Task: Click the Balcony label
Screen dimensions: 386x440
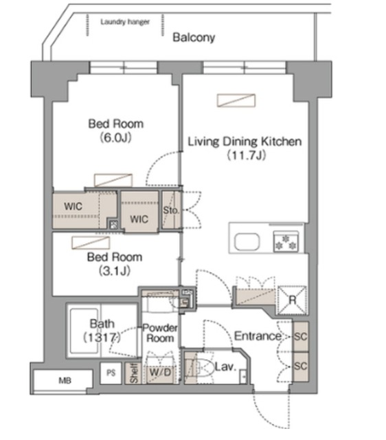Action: point(194,38)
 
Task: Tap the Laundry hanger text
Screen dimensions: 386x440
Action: point(125,22)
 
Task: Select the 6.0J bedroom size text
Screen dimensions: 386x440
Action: point(116,137)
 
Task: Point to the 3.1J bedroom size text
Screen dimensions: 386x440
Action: point(115,271)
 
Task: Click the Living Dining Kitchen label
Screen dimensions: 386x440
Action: point(245,142)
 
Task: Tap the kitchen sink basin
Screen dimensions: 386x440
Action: point(247,241)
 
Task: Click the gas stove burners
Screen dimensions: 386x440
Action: point(286,241)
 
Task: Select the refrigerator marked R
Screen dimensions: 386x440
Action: point(292,300)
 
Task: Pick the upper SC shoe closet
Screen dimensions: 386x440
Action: point(301,336)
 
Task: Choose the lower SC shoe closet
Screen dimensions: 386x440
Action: point(301,366)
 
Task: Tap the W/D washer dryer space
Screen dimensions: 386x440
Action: point(160,373)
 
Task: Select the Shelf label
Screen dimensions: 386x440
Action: point(134,373)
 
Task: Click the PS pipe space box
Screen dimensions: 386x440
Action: point(111,373)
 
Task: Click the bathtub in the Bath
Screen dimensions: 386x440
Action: point(84,331)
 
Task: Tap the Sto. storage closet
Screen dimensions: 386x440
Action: point(171,210)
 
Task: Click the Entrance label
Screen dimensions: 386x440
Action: point(258,336)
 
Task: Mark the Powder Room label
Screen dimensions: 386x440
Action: point(160,333)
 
